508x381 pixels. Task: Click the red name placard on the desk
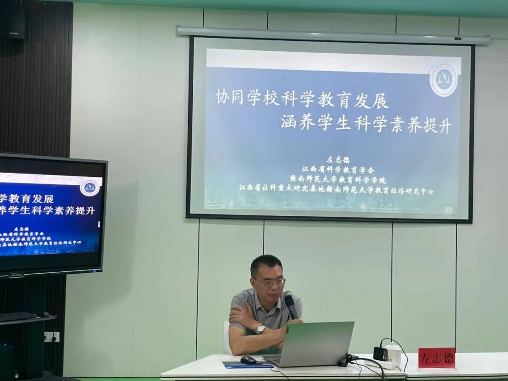[437, 358]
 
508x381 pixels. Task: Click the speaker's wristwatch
[260, 329]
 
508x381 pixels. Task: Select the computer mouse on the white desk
[248, 360]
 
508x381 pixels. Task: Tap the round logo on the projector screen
[443, 80]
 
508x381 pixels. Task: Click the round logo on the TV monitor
[89, 187]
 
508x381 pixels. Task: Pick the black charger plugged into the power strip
[380, 353]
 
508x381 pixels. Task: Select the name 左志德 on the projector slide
[332, 159]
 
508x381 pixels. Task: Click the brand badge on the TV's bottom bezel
[16, 275]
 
